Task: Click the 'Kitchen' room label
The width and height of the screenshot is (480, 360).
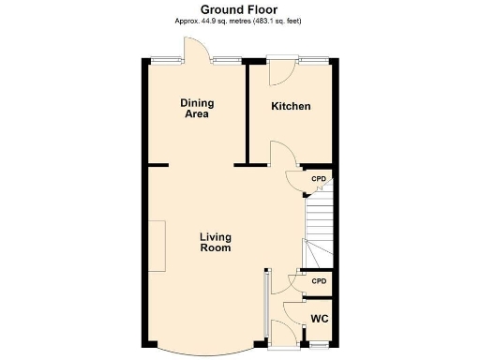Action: [x=291, y=106]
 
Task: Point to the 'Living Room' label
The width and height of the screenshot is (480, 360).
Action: [x=215, y=243]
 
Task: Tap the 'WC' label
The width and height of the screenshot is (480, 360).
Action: [x=320, y=318]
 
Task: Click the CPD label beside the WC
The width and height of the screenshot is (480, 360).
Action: [x=319, y=281]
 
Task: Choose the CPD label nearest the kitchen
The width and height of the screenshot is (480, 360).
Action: [x=319, y=178]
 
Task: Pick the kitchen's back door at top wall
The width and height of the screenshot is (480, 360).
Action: [x=279, y=73]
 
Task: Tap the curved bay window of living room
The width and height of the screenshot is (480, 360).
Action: [x=202, y=348]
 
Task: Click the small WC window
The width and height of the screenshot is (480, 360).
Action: [x=320, y=346]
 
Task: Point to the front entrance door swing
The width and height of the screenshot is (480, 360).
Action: [x=279, y=331]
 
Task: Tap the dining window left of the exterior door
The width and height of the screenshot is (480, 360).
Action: [x=168, y=61]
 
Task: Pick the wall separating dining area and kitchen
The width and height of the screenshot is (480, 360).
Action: [x=247, y=112]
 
